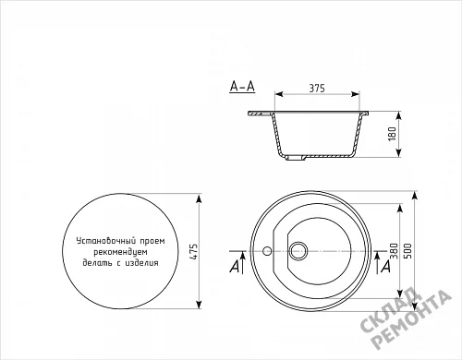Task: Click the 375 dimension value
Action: coord(317,89)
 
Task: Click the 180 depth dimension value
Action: coord(392,134)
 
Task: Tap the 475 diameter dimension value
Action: coord(193,251)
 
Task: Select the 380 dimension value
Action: coord(394,251)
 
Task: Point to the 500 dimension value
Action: coord(407,251)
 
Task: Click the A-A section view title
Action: coord(242,87)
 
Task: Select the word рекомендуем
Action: coord(121,252)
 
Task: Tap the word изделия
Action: coord(141,263)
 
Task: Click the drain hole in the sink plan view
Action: coord(298,250)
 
